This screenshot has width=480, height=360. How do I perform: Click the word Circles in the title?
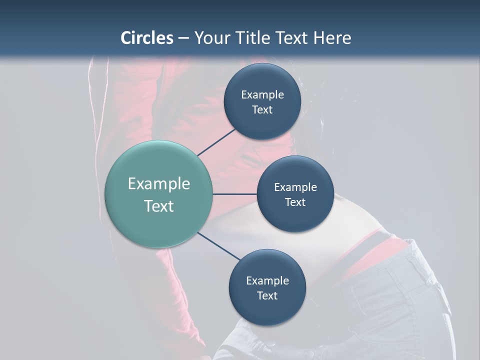tap(146, 38)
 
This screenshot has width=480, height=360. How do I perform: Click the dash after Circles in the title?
tap(183, 38)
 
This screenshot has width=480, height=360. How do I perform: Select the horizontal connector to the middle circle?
tap(235, 194)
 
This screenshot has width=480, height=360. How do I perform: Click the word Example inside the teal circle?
tap(159, 184)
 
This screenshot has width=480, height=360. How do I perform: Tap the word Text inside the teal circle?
tap(159, 206)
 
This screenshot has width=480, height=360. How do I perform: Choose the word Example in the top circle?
tap(262, 95)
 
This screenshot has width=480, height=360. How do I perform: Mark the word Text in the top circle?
tap(262, 110)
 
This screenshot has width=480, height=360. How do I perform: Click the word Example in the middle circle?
tap(295, 187)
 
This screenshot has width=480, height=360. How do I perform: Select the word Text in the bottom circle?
tap(267, 296)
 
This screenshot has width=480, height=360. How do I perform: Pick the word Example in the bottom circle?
tap(267, 281)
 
